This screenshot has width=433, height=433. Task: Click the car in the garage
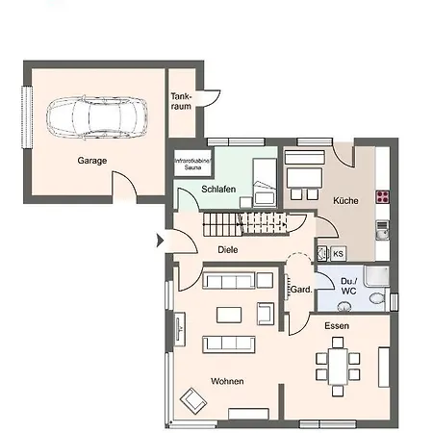pyautogui.click(x=97, y=117)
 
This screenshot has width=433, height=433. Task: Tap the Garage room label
pyautogui.click(x=92, y=161)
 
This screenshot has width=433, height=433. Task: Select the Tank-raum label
pyautogui.click(x=181, y=101)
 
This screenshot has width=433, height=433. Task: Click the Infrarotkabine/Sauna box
pyautogui.click(x=192, y=163)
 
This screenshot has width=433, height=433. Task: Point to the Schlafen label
pyautogui.click(x=218, y=190)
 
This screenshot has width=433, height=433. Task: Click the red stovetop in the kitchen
pyautogui.click(x=383, y=196)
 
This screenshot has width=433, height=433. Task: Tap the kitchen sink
pyautogui.click(x=382, y=230)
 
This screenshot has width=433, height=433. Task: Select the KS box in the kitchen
pyautogui.click(x=338, y=254)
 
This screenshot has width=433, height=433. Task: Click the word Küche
pyautogui.click(x=345, y=201)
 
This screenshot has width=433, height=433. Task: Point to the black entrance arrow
pyautogui.click(x=160, y=241)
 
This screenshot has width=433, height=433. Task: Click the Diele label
pyautogui.click(x=228, y=249)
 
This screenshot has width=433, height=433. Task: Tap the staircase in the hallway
pyautogui.click(x=245, y=224)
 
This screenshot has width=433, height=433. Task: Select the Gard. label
pyautogui.click(x=301, y=290)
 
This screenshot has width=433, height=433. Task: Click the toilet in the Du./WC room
pyautogui.click(x=377, y=298)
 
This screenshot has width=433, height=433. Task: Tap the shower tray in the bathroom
pyautogui.click(x=376, y=276)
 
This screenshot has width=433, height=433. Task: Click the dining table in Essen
pyautogui.click(x=338, y=367)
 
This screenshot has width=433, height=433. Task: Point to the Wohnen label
pyautogui.click(x=227, y=381)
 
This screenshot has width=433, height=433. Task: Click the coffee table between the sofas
pyautogui.click(x=229, y=315)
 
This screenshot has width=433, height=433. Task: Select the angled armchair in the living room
pyautogui.click(x=193, y=401)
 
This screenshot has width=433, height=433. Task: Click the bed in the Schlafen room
pyautogui.click(x=265, y=183)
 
